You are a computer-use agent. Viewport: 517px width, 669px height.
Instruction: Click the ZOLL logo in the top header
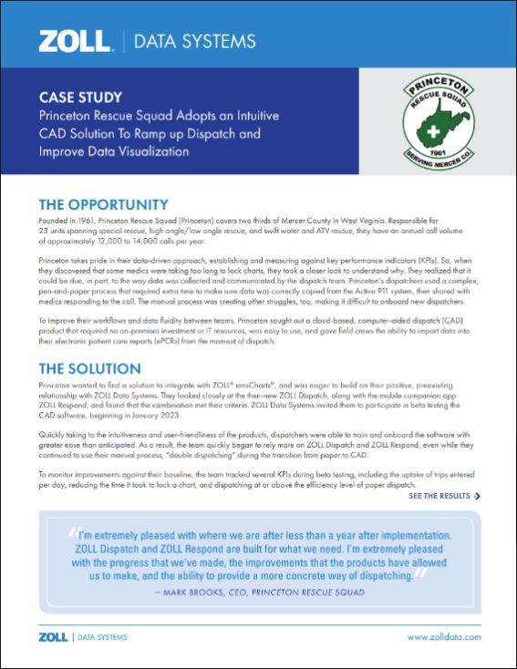pos(74,40)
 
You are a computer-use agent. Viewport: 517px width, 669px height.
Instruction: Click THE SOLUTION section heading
pos(89,368)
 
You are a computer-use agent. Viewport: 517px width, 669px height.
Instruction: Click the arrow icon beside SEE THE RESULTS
pos(478,497)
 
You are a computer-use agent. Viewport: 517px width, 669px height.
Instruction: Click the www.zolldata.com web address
pos(443,637)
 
